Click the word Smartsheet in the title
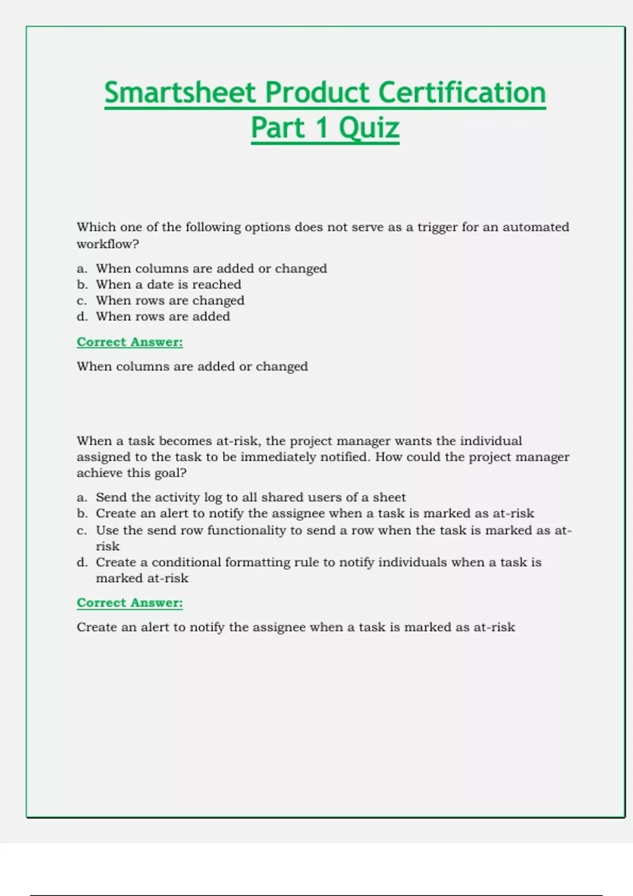pyautogui.click(x=180, y=93)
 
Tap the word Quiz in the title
pyautogui.click(x=369, y=128)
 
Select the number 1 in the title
pyautogui.click(x=321, y=128)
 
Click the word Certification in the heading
pyautogui.click(x=462, y=93)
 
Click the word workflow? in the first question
pyautogui.click(x=108, y=244)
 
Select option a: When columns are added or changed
pyautogui.click(x=211, y=268)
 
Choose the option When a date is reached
pyautogui.click(x=168, y=285)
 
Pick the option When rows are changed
pyautogui.click(x=170, y=300)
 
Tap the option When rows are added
pyautogui.click(x=162, y=316)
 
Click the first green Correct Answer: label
pyautogui.click(x=130, y=342)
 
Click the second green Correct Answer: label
pyautogui.click(x=130, y=602)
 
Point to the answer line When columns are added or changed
pyautogui.click(x=192, y=366)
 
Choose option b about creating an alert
pyautogui.click(x=315, y=513)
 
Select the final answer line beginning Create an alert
pyautogui.click(x=295, y=627)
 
